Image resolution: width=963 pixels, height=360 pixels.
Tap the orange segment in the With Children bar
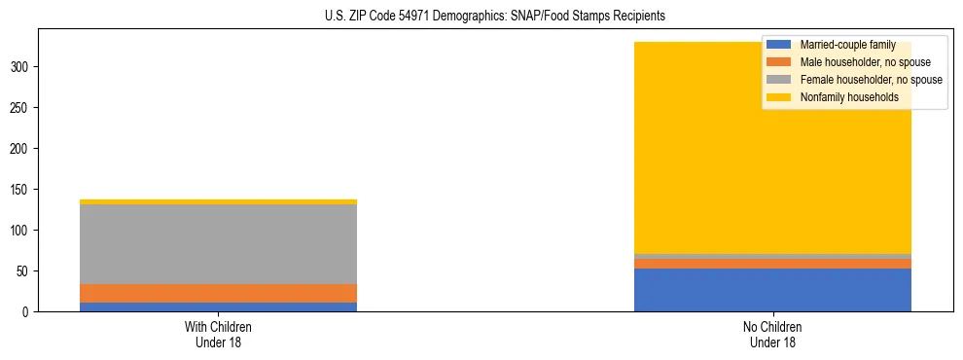coord(218,293)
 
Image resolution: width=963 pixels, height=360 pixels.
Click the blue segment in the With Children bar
coord(218,306)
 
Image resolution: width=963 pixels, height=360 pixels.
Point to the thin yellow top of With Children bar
coord(218,201)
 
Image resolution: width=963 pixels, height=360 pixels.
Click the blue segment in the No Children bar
coord(772,290)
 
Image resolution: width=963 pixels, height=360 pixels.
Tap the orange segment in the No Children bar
coord(772,264)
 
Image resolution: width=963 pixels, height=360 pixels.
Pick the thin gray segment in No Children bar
coord(772,256)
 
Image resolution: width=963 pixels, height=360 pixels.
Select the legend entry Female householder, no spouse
coord(871,80)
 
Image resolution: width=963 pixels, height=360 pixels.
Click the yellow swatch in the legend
coord(779,97)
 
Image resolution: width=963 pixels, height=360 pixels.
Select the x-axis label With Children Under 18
coord(218,334)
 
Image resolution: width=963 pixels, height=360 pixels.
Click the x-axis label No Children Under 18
coord(772,334)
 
